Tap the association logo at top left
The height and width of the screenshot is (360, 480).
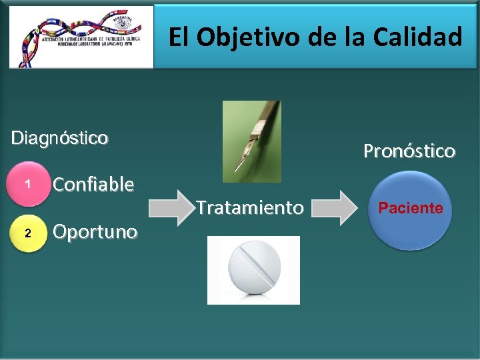(x=80, y=37)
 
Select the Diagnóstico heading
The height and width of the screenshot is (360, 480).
(x=59, y=138)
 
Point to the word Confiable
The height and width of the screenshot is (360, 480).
(x=93, y=184)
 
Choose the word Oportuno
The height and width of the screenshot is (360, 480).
(x=95, y=232)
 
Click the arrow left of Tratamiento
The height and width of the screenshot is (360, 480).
(x=170, y=207)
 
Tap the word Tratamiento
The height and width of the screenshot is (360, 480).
(x=250, y=208)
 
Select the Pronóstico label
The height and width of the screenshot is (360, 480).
(x=409, y=151)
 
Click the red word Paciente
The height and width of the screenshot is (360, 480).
(x=411, y=208)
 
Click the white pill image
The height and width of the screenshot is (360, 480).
(x=253, y=270)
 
